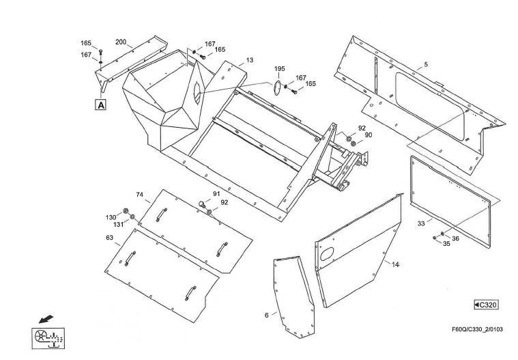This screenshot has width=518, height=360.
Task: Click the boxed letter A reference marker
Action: click(101, 105)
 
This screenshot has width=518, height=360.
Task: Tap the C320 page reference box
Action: click(486, 305)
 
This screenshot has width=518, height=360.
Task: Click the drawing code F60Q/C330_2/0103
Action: click(477, 329)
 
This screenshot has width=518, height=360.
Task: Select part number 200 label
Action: click(121, 42)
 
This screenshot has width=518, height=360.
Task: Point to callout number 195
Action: click(280, 69)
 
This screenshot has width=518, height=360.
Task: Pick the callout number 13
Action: click(250, 60)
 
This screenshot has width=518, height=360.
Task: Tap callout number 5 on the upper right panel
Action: click(426, 64)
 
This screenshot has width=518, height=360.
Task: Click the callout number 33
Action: click(421, 224)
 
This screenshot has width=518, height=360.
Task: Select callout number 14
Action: click(395, 264)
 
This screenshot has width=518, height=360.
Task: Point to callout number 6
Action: click(267, 316)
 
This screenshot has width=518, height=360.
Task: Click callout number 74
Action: click(140, 195)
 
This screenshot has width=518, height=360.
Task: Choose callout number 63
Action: click(110, 238)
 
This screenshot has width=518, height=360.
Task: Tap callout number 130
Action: click(111, 217)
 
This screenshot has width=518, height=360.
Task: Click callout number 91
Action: click(216, 194)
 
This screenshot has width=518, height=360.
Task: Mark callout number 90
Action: click(369, 135)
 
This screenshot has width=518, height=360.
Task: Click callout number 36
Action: click(455, 238)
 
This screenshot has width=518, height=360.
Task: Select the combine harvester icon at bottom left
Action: click(48, 338)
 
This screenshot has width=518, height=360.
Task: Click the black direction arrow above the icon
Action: click(46, 319)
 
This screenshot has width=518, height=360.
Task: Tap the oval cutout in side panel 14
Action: click(328, 254)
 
